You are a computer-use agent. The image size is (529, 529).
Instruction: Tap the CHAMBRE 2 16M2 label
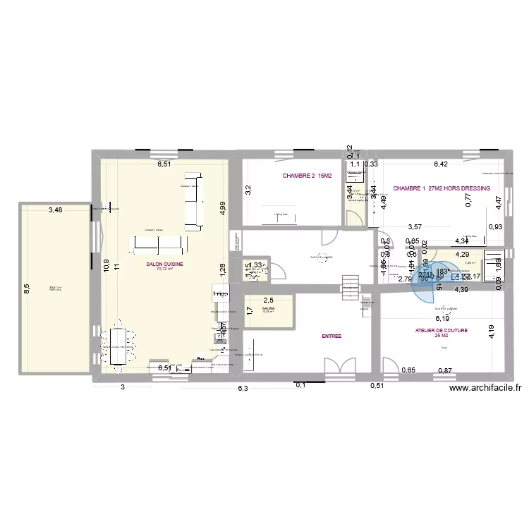click(x=307, y=176)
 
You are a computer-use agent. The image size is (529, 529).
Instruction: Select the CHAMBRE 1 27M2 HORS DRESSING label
click(x=442, y=188)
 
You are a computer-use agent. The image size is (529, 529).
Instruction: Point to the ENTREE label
click(x=332, y=336)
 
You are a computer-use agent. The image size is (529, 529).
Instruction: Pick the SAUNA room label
click(x=268, y=308)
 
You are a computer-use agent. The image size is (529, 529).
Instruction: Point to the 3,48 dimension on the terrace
click(x=55, y=209)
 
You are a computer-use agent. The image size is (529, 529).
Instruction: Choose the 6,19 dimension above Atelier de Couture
click(x=442, y=299)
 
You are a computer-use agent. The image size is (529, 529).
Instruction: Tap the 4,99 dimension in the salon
click(x=221, y=207)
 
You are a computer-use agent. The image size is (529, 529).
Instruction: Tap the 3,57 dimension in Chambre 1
click(x=415, y=226)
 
